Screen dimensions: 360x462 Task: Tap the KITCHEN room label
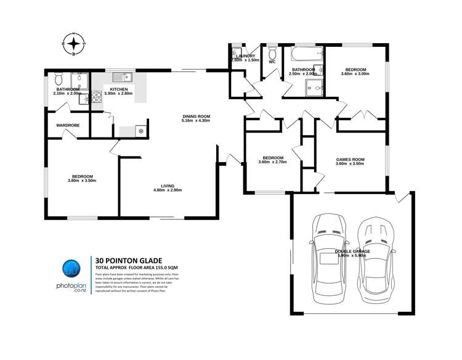point(119,89)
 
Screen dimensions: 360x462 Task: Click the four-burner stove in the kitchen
point(97,96)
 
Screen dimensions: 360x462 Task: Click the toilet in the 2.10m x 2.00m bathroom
point(59,78)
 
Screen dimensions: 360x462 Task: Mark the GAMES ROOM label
point(350,160)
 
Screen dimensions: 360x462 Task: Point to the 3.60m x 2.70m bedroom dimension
point(272,163)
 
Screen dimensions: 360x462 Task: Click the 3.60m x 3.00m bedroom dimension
point(355,74)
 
